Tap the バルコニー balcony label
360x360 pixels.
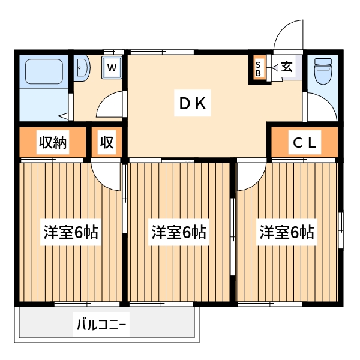[x=101, y=326]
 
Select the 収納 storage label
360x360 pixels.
[x=53, y=143]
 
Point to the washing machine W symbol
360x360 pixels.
[x=112, y=67]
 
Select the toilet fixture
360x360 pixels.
[x=323, y=71]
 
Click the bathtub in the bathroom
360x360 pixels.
[x=43, y=71]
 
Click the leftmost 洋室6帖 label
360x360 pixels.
[x=70, y=232]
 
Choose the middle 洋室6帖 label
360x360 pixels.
[x=178, y=232]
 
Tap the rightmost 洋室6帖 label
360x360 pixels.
[x=286, y=232]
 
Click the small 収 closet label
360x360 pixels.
[x=107, y=143]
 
